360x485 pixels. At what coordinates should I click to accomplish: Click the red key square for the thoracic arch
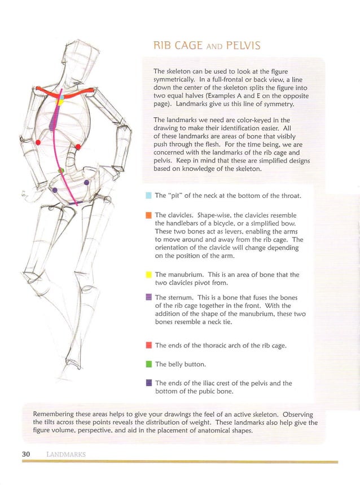(x=148, y=345)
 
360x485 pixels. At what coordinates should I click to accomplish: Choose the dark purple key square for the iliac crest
(x=148, y=383)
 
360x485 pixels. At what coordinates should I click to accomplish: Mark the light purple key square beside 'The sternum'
(x=148, y=297)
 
